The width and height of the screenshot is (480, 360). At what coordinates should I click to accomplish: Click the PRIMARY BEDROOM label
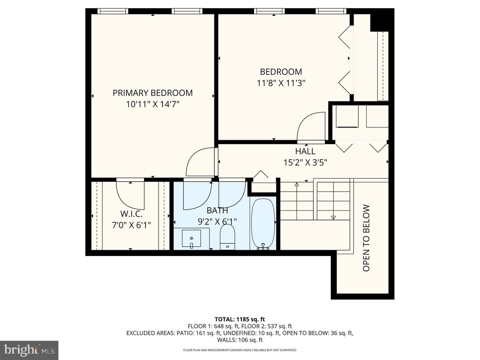pyautogui.click(x=152, y=93)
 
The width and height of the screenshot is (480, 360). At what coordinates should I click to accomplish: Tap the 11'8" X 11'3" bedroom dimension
pyautogui.click(x=281, y=83)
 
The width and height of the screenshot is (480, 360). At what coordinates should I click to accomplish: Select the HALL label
pyautogui.click(x=305, y=151)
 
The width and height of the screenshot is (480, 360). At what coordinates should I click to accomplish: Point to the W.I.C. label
pyautogui.click(x=131, y=214)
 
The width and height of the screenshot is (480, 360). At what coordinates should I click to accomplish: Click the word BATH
pyautogui.click(x=217, y=210)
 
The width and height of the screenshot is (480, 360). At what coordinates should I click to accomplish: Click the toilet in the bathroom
pyautogui.click(x=227, y=237)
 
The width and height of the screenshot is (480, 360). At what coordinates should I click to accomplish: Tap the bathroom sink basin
pyautogui.click(x=191, y=238)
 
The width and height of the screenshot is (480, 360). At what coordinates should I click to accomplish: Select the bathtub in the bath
pyautogui.click(x=263, y=224)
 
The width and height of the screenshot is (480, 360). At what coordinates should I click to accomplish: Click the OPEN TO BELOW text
pyautogui.click(x=366, y=238)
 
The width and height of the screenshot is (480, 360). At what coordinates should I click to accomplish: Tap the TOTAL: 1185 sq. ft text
pyautogui.click(x=240, y=319)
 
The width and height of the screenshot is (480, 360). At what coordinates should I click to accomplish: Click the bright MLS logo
pyautogui.click(x=29, y=350)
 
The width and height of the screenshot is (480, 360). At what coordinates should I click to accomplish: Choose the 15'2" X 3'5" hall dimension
pyautogui.click(x=305, y=163)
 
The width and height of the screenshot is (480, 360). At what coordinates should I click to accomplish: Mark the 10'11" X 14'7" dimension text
pyautogui.click(x=152, y=104)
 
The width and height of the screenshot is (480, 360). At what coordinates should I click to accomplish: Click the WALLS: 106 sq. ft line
pyautogui.click(x=240, y=340)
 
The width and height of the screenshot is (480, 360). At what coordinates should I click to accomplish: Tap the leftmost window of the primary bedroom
pyautogui.click(x=113, y=11)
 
